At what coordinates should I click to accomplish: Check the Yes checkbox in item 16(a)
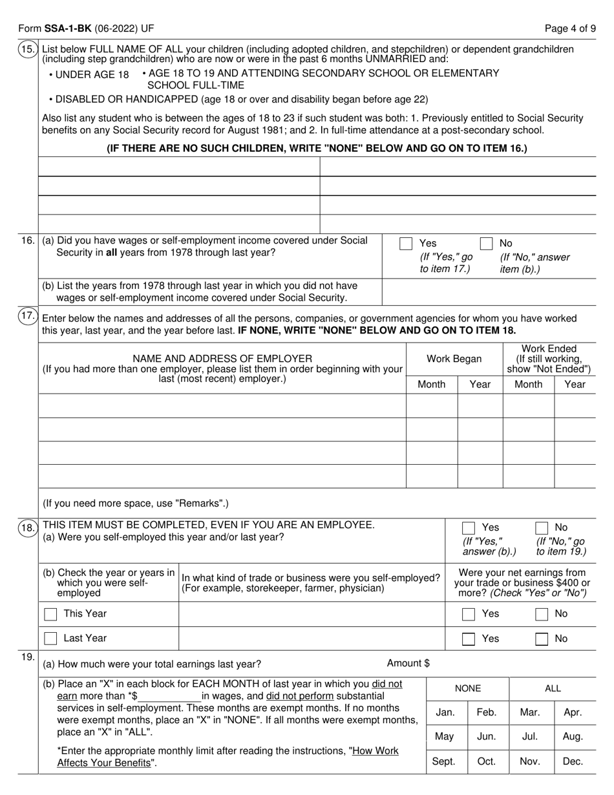point(406,244)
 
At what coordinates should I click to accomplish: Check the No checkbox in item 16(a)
point(487,244)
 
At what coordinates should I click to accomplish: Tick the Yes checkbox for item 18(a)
point(469,528)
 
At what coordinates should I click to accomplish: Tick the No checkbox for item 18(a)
point(542,528)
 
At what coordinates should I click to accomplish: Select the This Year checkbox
point(50,614)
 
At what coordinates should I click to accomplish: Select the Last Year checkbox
point(50,639)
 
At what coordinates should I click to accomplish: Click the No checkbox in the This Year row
point(542,614)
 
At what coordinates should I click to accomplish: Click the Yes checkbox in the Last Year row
point(469,639)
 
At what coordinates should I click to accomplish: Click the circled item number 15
point(28,50)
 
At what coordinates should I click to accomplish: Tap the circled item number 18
point(28,528)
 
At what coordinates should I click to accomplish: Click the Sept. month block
point(443,761)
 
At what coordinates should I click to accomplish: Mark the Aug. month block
point(573,736)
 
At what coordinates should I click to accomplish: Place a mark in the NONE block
point(468,689)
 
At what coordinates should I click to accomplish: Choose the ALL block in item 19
point(553,689)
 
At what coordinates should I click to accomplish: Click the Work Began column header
point(454,359)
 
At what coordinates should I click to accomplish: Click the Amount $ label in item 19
point(408,663)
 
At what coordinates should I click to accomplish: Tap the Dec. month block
point(573,761)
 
